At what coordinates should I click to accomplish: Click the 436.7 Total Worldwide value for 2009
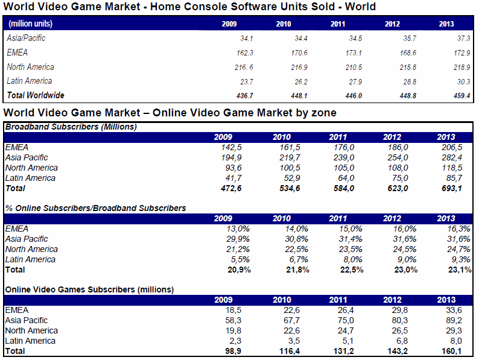click(x=245, y=96)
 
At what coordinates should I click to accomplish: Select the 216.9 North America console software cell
click(x=299, y=67)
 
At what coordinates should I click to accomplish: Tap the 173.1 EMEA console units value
click(x=354, y=53)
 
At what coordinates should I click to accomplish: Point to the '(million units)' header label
click(x=30, y=24)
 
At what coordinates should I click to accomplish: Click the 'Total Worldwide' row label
click(x=36, y=95)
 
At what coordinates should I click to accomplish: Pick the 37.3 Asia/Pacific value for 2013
click(x=463, y=39)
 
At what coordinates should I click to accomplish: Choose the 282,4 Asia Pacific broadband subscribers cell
click(x=452, y=157)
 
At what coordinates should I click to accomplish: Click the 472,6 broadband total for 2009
click(x=231, y=188)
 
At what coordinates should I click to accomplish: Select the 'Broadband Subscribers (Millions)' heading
click(x=71, y=127)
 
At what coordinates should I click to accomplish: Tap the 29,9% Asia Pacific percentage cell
click(x=238, y=239)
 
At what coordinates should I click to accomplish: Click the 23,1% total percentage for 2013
click(x=460, y=270)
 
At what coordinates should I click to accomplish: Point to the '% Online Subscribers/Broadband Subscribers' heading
click(x=95, y=208)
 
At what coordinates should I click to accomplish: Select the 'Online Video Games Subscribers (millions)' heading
click(x=89, y=289)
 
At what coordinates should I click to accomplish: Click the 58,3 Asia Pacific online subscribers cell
click(x=233, y=321)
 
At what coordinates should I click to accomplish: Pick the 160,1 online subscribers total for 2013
click(x=451, y=352)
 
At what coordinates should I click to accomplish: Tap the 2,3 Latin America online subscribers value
click(x=235, y=341)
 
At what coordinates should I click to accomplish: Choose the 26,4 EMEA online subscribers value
click(x=346, y=311)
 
